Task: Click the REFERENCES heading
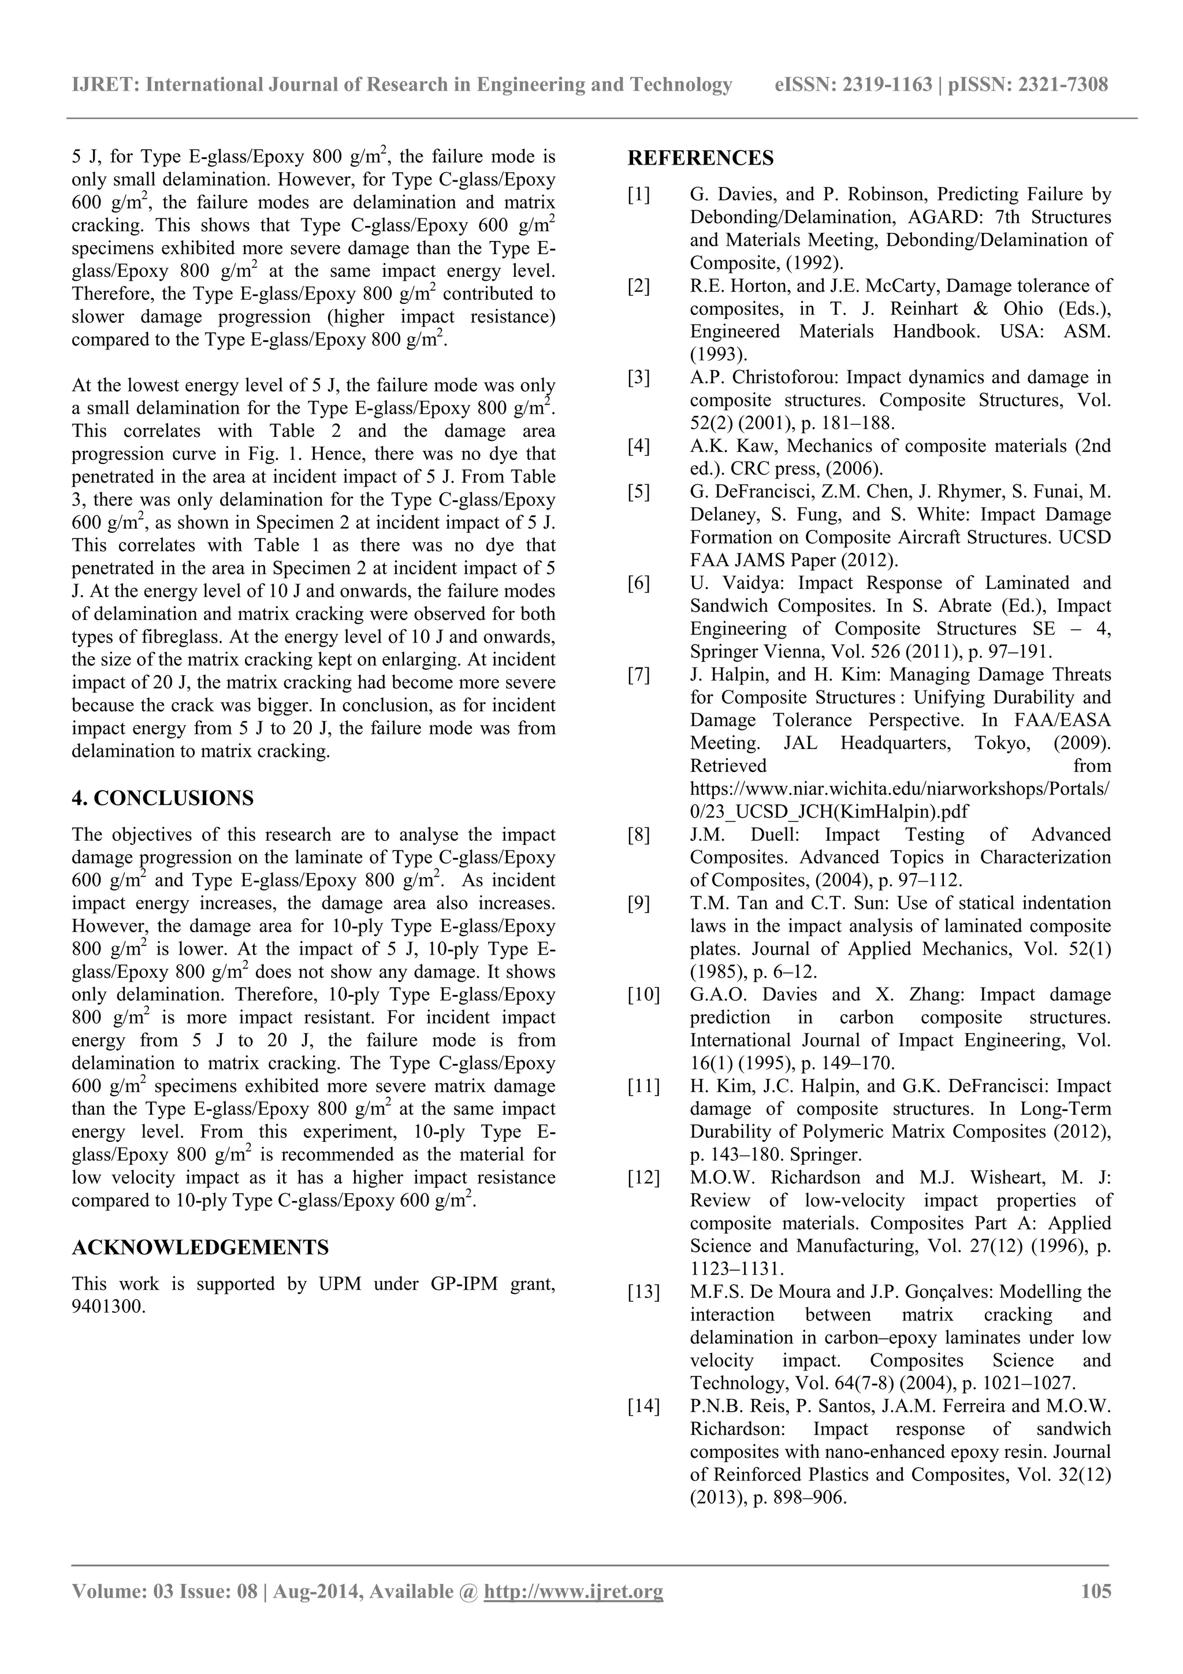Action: [701, 158]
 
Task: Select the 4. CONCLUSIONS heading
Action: [162, 799]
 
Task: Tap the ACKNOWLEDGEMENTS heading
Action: [200, 1248]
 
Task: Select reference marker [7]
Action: [638, 675]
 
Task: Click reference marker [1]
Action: [638, 195]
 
